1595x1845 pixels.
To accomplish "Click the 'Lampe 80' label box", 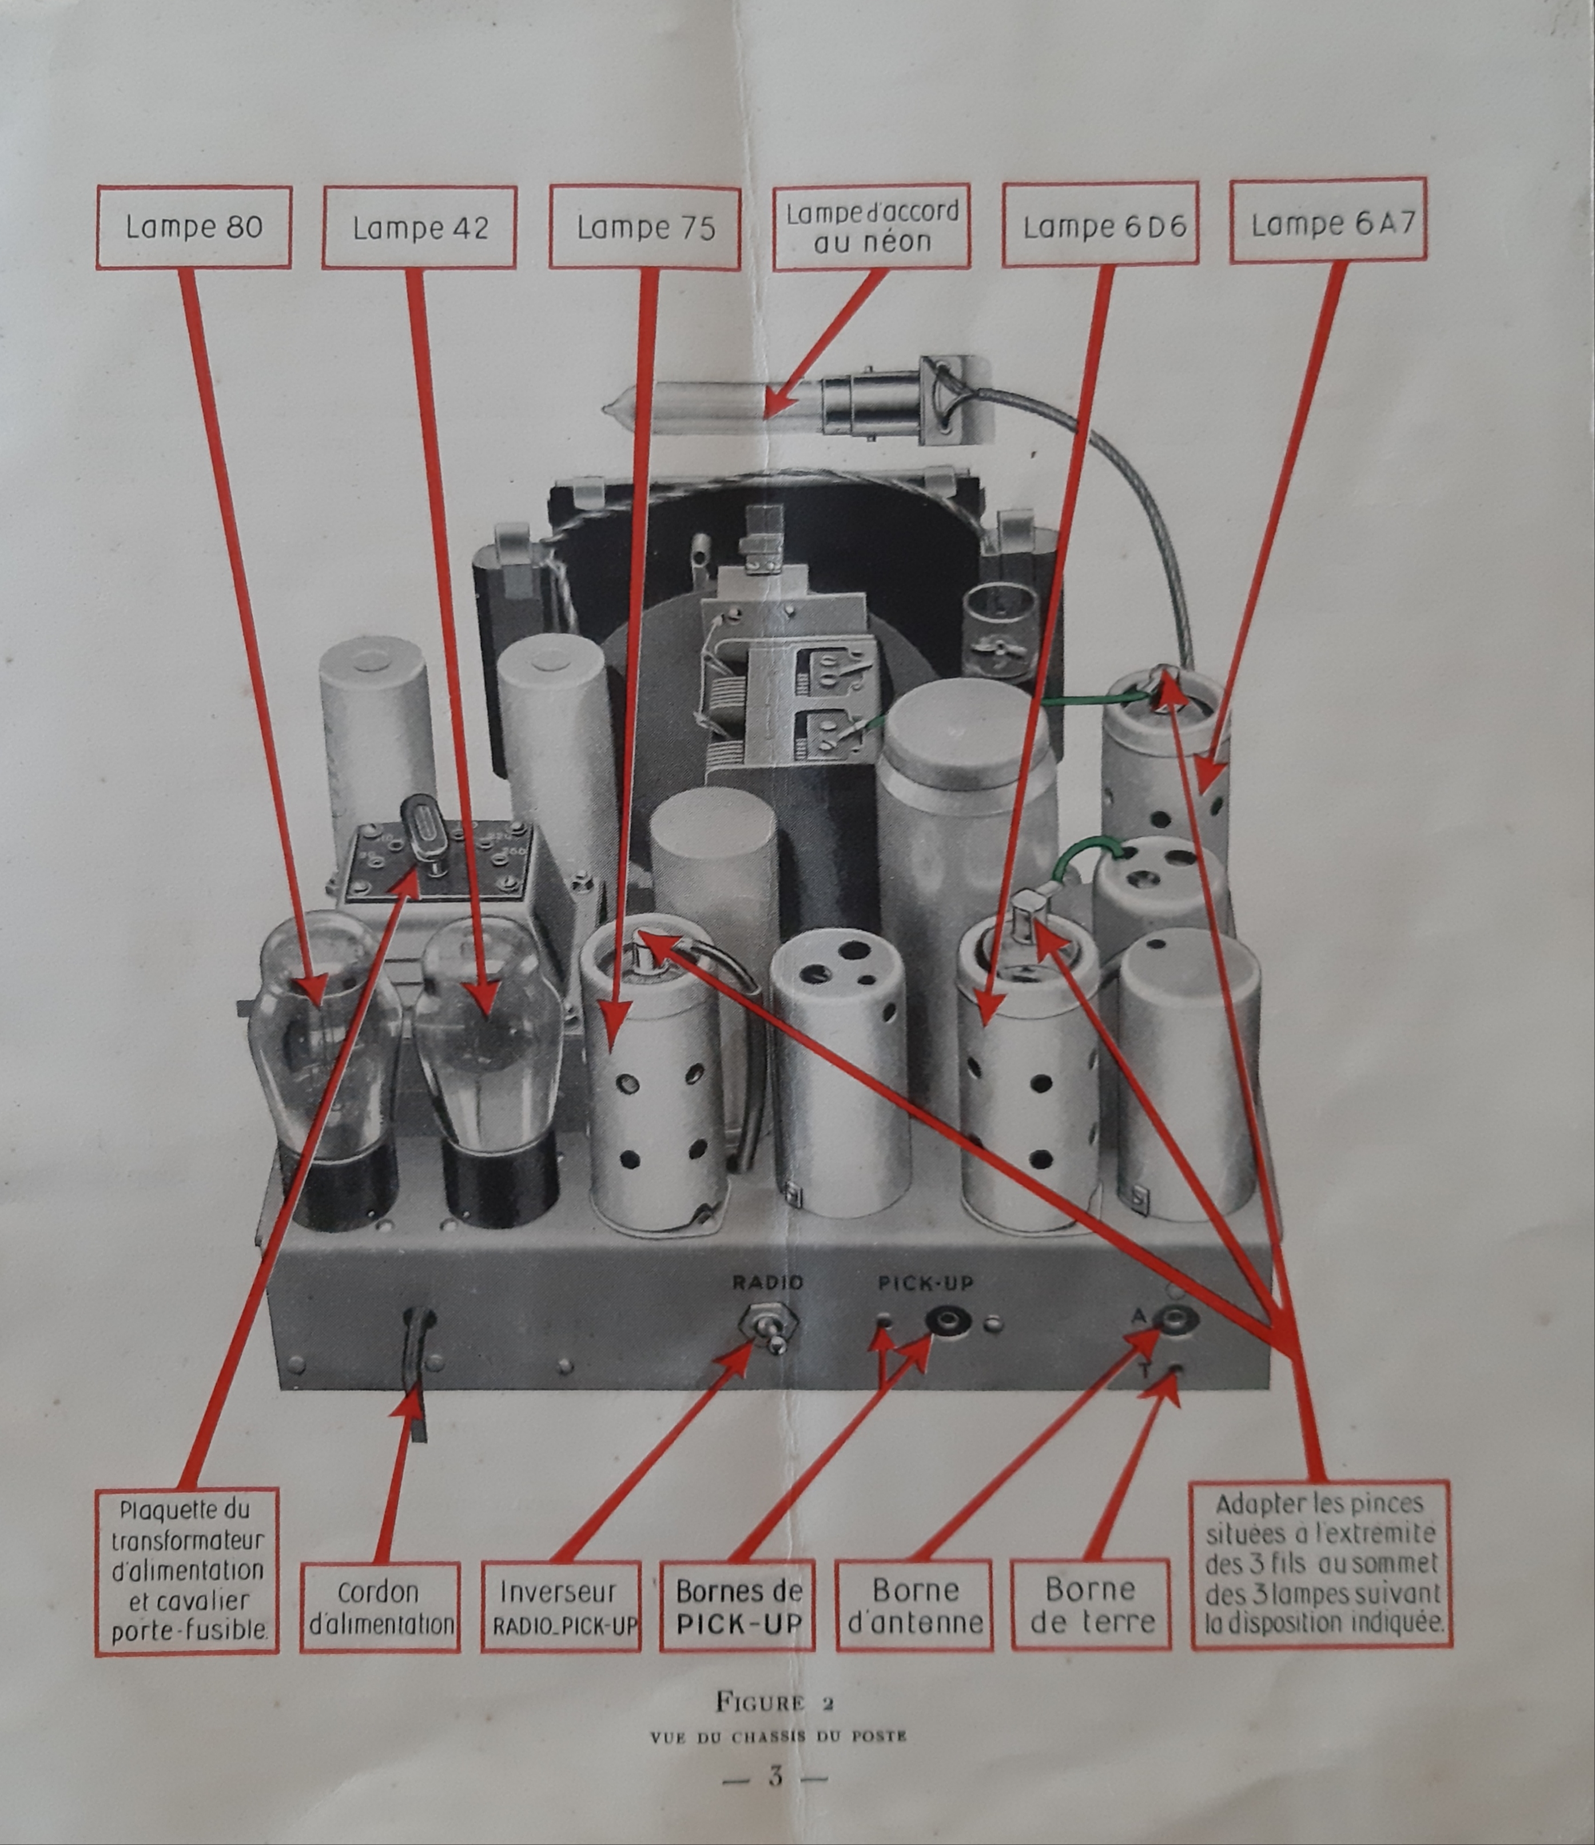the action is (x=194, y=227).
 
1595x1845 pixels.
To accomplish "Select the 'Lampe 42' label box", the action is (x=419, y=227).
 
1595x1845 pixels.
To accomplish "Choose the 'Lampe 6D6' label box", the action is (x=1101, y=224).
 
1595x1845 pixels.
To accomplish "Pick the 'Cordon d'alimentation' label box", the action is (x=380, y=1608).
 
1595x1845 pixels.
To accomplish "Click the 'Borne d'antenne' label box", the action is (x=915, y=1605).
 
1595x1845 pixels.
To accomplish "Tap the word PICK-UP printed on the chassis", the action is (x=926, y=1283).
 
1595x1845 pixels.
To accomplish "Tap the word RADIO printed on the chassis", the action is (x=767, y=1282).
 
